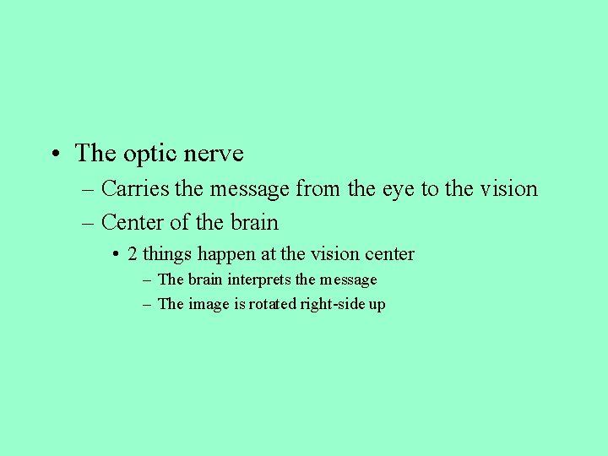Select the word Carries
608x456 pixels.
[135, 188]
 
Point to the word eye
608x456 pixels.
[399, 188]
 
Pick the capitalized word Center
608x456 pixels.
[132, 222]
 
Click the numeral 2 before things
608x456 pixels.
[133, 253]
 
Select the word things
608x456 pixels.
[168, 254]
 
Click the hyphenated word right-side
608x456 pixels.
[332, 304]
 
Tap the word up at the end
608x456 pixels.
[377, 305]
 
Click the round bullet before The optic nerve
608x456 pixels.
[53, 155]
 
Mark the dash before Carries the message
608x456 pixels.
[89, 189]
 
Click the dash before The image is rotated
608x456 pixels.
[148, 304]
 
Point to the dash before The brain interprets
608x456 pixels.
[148, 280]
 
